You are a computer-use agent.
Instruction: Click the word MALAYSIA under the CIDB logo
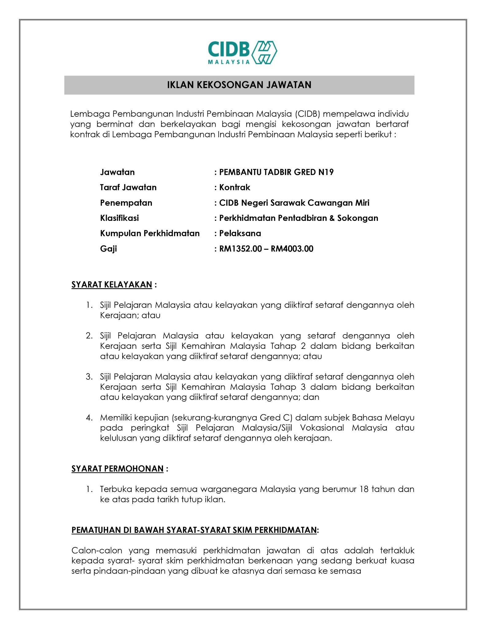(229, 62)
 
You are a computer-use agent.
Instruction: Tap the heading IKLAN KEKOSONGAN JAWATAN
(239, 85)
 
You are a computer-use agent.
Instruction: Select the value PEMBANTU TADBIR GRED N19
(276, 172)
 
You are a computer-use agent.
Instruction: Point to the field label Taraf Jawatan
(128, 187)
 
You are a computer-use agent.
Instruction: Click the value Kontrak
(235, 187)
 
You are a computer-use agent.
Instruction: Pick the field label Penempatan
(126, 203)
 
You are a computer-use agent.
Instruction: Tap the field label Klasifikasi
(119, 218)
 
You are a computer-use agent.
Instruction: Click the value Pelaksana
(240, 233)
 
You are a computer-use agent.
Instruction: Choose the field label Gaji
(108, 249)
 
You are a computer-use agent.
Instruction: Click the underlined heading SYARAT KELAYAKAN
(112, 285)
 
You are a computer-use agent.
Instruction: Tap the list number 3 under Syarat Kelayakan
(89, 377)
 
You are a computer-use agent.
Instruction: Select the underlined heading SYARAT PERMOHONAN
(117, 469)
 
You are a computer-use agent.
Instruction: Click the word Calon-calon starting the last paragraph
(97, 551)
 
